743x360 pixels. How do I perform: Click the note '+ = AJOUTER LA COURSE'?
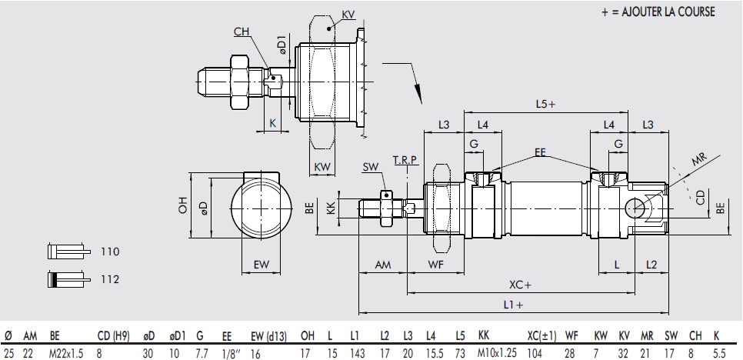coord(658,12)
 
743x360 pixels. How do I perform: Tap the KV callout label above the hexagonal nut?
coord(348,14)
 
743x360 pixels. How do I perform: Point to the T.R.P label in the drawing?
coord(405,159)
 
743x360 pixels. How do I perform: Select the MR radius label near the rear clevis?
coord(698,159)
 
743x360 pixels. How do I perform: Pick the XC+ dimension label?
coord(521,285)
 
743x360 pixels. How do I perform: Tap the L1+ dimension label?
coord(514,305)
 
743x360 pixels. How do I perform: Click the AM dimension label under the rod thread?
coord(382,264)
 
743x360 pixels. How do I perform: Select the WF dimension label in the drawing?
coord(435,264)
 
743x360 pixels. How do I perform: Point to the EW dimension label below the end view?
coord(262,265)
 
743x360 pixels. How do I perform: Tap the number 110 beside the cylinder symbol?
coord(110,252)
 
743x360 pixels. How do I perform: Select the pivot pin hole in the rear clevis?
coord(638,207)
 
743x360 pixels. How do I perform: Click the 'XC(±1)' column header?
coord(543,335)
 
